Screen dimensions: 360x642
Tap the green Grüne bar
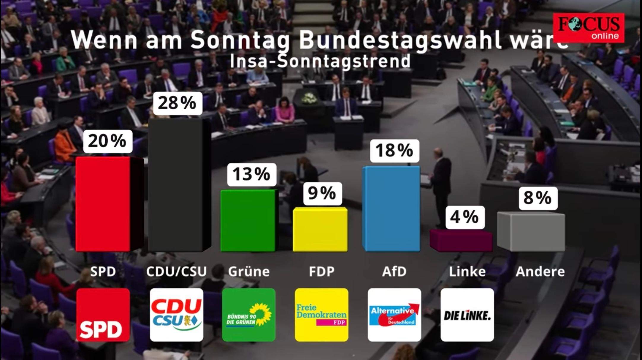[x=248, y=220]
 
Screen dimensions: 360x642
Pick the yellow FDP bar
[x=320, y=229]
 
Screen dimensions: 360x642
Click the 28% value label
[x=177, y=103]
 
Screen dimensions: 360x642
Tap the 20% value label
[x=107, y=141]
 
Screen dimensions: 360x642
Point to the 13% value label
[x=251, y=174]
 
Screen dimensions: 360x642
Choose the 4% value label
[x=465, y=217]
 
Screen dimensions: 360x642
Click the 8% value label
[x=538, y=198]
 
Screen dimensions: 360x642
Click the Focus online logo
[x=589, y=28]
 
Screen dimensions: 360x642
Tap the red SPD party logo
[x=103, y=315]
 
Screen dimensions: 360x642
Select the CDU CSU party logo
[x=176, y=315]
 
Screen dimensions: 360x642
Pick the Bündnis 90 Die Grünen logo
[x=249, y=315]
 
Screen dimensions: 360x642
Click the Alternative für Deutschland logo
[x=394, y=315]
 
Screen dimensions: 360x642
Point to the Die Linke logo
[x=467, y=315]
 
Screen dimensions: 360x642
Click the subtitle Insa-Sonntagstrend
[x=320, y=61]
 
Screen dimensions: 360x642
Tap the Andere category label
[x=540, y=271]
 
